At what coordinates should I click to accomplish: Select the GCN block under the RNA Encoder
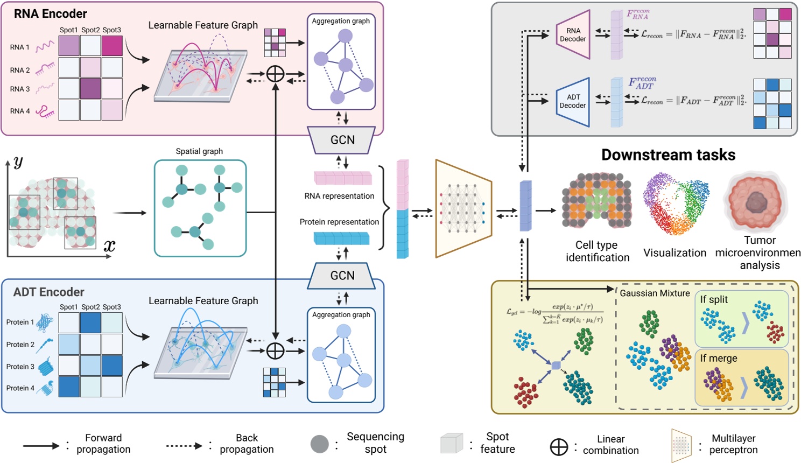pos(342,140)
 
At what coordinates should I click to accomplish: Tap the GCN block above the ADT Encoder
pos(342,276)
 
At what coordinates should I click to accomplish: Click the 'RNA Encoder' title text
pos(51,13)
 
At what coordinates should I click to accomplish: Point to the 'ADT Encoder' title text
pos(49,292)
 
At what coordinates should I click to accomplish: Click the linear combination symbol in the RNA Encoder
pos(276,74)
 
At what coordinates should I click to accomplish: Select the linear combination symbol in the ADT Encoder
pos(276,350)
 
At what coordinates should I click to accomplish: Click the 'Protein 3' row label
pos(20,367)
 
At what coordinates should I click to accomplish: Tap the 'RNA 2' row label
pos(20,70)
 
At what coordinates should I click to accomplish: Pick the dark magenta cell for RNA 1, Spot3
pos(112,46)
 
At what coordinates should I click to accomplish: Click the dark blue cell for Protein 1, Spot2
pos(90,322)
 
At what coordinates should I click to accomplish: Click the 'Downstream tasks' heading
pos(668,155)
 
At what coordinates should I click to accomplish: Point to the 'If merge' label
pos(719,359)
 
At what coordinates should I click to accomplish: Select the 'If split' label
pos(714,300)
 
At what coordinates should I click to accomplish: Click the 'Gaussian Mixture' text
pos(655,293)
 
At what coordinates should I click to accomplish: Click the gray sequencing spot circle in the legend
pos(319,444)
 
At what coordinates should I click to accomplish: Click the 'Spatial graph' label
pos(199,152)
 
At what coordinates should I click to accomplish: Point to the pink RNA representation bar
pos(343,178)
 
